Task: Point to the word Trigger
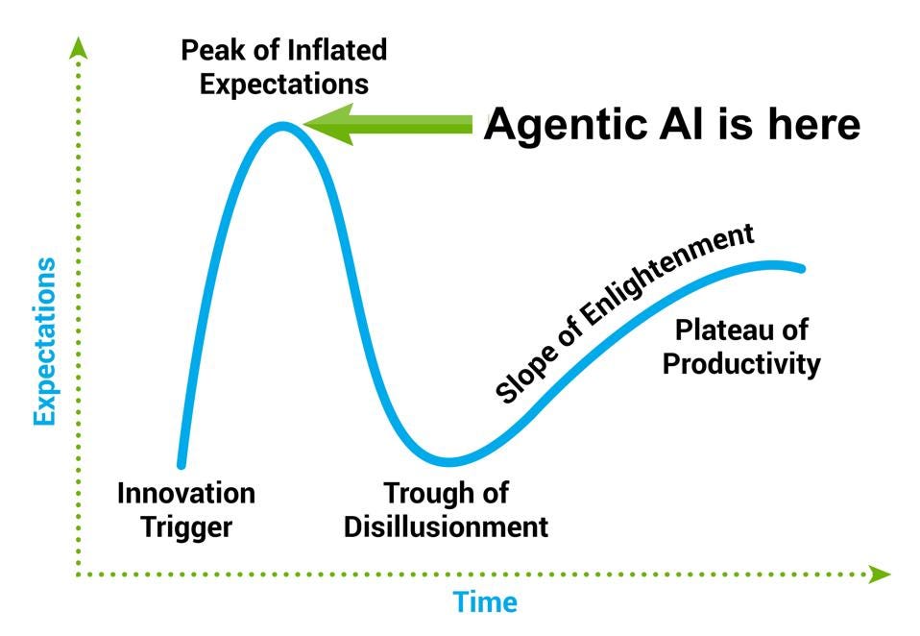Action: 187,526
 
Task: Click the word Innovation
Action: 186,494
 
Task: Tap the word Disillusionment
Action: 447,526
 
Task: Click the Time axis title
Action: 485,602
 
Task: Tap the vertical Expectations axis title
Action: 44,340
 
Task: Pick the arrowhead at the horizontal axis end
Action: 878,575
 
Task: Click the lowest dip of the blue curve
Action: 448,460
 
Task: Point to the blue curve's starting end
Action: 181,464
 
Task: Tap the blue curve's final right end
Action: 800,268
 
